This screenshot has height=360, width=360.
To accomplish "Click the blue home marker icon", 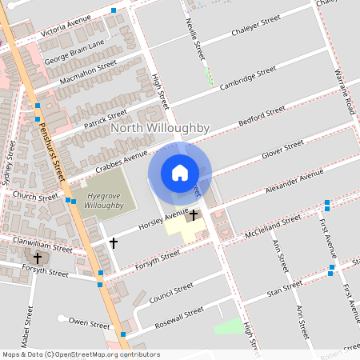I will [x=180, y=173].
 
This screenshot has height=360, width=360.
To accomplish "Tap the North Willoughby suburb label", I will [x=160, y=128].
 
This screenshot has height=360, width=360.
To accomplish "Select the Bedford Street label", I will [x=262, y=118].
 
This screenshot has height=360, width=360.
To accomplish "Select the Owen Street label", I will [x=89, y=324].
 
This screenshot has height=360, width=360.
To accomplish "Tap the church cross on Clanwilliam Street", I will [x=38, y=258].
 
